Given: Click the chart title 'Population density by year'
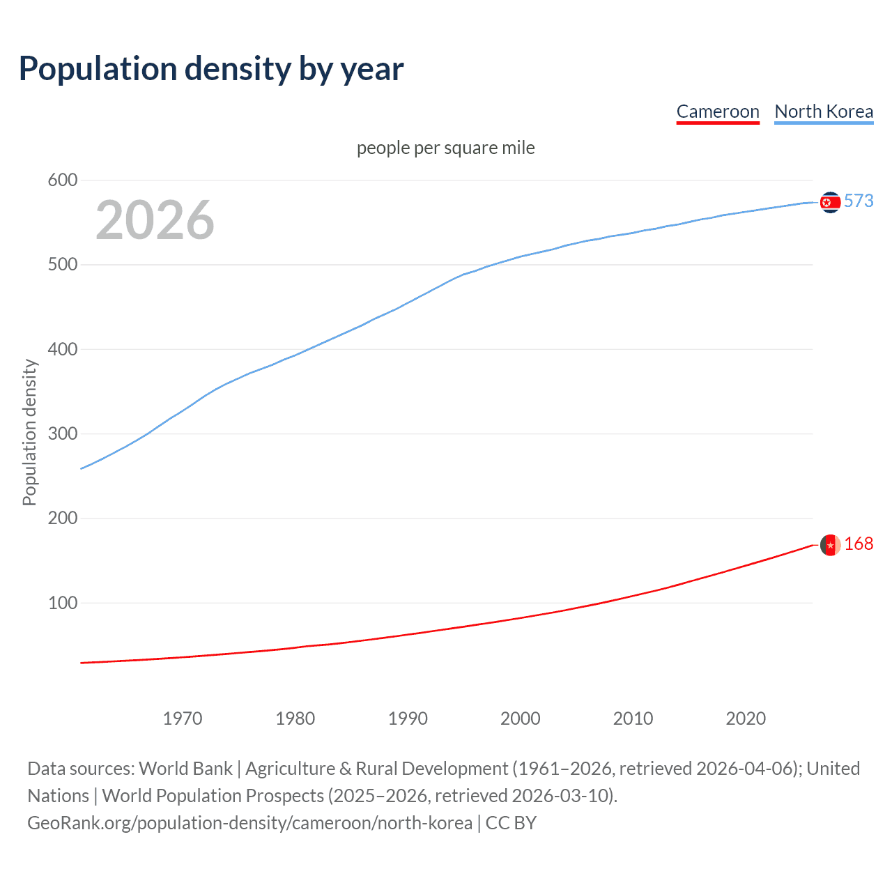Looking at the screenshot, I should (211, 69).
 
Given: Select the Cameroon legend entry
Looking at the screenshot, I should (718, 111).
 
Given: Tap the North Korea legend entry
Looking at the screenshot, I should (824, 111).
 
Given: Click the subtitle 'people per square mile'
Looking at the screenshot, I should (446, 148).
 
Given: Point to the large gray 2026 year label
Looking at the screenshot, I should (155, 220).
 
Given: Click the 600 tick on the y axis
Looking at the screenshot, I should (62, 180).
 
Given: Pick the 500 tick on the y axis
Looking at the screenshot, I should (62, 265).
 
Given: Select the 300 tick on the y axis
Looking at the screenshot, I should (62, 433).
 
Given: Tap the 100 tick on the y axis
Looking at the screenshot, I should (62, 603).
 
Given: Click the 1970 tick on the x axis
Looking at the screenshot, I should (183, 718).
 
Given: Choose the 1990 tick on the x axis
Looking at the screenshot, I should (408, 718).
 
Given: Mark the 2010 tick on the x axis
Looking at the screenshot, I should (633, 718).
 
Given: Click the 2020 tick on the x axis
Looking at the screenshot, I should (746, 718).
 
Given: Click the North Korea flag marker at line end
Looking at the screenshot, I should (830, 202).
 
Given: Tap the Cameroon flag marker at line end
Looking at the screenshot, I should (830, 545).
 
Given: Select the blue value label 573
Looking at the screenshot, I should (859, 201).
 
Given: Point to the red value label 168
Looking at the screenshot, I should (859, 544).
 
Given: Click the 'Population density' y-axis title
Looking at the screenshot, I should (29, 432).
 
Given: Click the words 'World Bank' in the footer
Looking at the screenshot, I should (185, 769).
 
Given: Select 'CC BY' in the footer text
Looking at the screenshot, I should (511, 823).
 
